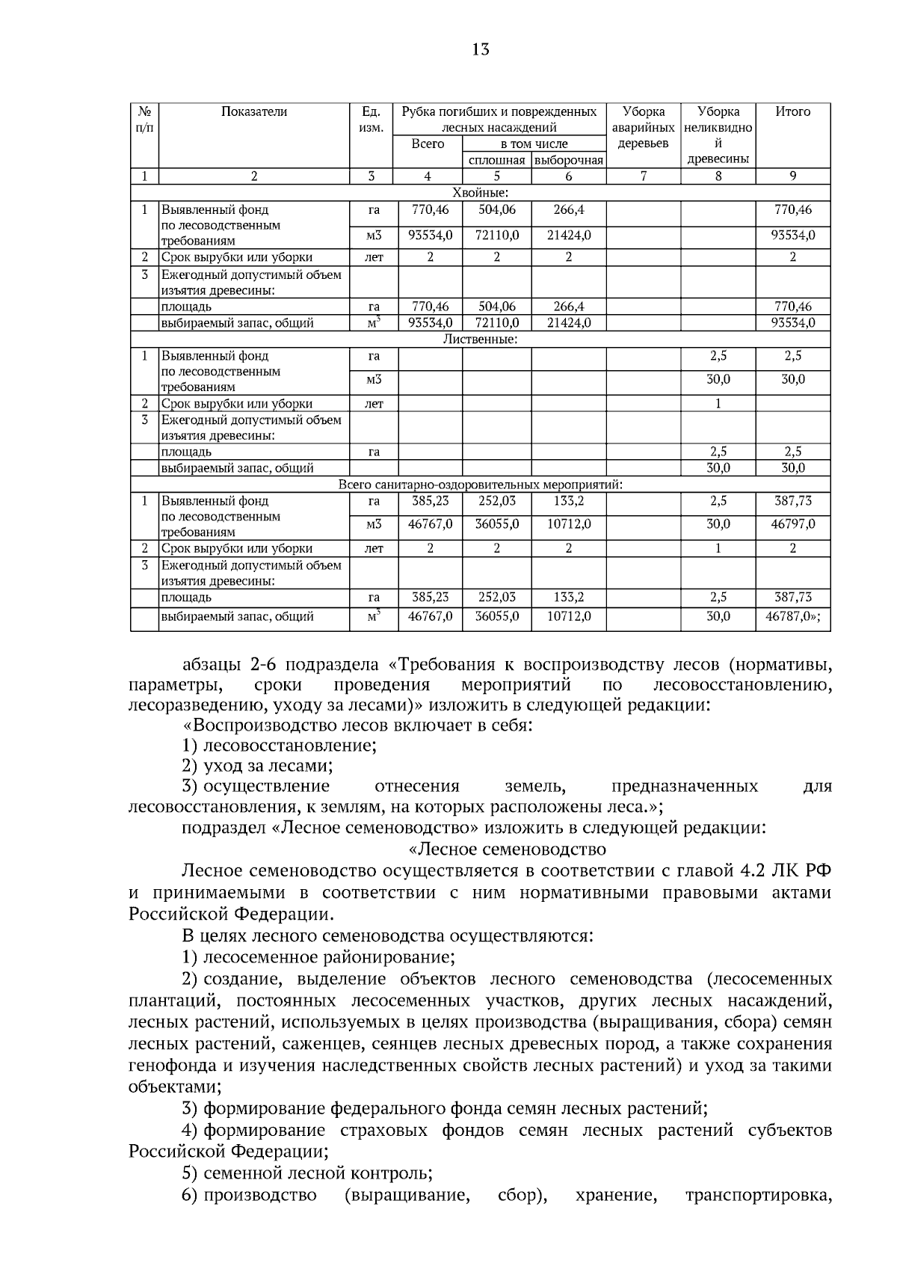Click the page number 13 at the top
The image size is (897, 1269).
pyautogui.click(x=481, y=50)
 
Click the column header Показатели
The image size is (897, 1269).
pyautogui.click(x=254, y=112)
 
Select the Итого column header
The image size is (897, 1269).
pyautogui.click(x=792, y=112)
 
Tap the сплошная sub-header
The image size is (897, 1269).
pyautogui.click(x=496, y=161)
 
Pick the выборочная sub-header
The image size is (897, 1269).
pyautogui.click(x=568, y=161)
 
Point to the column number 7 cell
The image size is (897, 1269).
pyautogui.click(x=643, y=176)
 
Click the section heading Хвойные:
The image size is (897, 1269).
pyautogui.click(x=480, y=193)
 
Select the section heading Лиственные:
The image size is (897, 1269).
pyautogui.click(x=480, y=339)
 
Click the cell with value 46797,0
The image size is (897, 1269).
pyautogui.click(x=792, y=524)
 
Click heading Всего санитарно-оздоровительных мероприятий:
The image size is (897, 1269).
pyautogui.click(x=480, y=485)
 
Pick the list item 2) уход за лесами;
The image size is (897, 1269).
pyautogui.click(x=257, y=766)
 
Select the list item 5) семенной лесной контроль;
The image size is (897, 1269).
pyautogui.click(x=307, y=1173)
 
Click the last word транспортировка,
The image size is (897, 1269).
pyautogui.click(x=758, y=1196)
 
